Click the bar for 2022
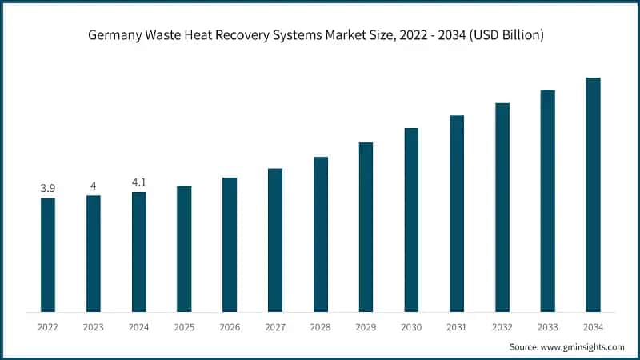tap(48, 254)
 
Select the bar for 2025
tap(184, 249)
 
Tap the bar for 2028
tap(320, 234)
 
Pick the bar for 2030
tap(411, 219)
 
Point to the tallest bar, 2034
tap(593, 194)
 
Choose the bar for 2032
tap(502, 207)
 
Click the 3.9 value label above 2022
tap(48, 188)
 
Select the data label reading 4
tap(94, 186)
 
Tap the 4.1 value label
tap(139, 182)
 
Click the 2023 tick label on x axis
tap(94, 326)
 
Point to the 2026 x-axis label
tap(230, 326)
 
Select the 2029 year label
tap(366, 326)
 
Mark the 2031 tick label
tap(457, 326)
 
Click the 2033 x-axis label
tap(547, 326)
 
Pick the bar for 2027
tap(275, 240)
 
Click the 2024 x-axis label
tap(139, 326)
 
